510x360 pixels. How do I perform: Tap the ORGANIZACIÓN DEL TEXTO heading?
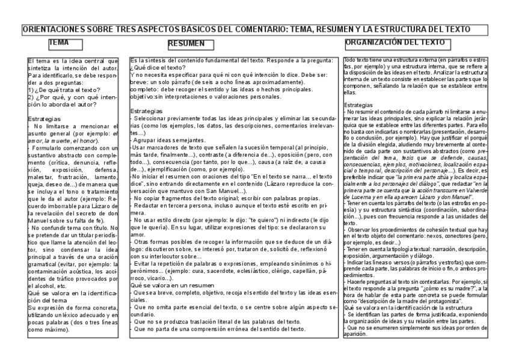pyautogui.click(x=396, y=43)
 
